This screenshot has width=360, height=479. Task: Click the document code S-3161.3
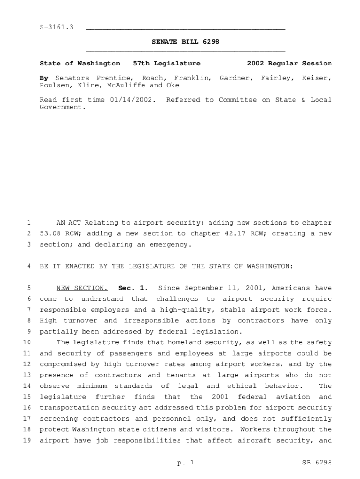click(57, 28)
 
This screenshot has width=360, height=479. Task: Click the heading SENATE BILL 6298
click(186, 42)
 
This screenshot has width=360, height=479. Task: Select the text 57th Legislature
click(166, 63)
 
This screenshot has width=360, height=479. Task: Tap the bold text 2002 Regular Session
click(289, 63)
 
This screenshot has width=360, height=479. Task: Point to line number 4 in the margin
click(29, 266)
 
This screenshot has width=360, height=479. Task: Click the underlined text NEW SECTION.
click(82, 288)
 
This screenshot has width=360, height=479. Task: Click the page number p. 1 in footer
click(186, 463)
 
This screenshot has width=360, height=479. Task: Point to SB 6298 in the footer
click(317, 463)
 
